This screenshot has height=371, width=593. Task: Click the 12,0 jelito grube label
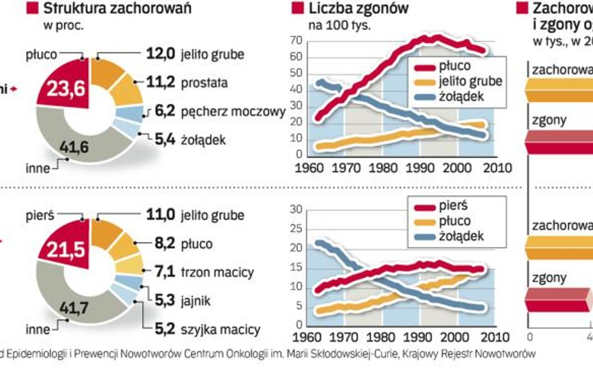195,54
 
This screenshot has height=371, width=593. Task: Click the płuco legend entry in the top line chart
455,66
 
